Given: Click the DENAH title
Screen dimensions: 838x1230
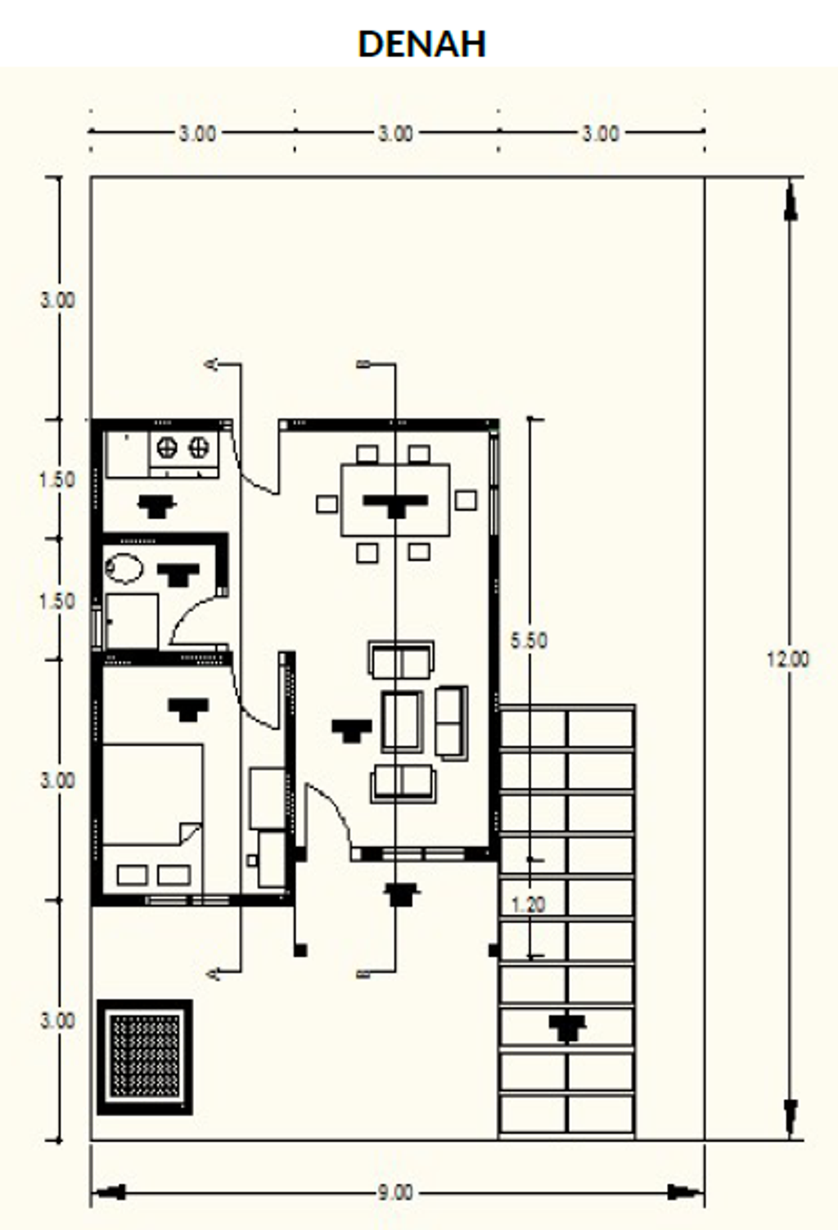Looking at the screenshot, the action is click(x=421, y=43).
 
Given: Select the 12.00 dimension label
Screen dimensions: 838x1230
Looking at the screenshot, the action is click(x=788, y=659).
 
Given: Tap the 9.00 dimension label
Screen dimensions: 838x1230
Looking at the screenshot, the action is click(x=395, y=1192).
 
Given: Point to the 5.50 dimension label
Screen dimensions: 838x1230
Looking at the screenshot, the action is click(x=529, y=640).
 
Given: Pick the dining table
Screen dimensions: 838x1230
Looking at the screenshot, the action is click(x=395, y=500).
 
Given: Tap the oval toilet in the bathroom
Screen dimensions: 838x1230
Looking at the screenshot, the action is click(x=124, y=568).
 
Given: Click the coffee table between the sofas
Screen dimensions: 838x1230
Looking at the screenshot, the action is click(x=402, y=720).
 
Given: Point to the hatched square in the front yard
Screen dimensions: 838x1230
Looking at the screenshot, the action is click(x=144, y=1057).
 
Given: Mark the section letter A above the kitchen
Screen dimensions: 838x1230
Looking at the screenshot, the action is click(x=212, y=364).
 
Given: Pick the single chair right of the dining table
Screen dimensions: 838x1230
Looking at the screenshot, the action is click(x=466, y=500).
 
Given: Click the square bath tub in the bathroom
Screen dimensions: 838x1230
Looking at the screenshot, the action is click(x=132, y=621).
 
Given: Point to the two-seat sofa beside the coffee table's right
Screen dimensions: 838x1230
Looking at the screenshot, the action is click(x=452, y=723).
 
